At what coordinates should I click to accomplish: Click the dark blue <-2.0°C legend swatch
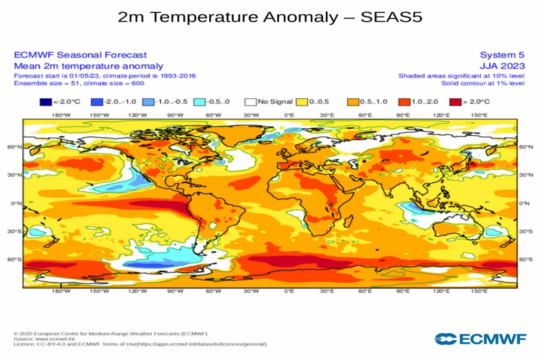[x=45, y=102]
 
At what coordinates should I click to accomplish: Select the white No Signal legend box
[x=251, y=102]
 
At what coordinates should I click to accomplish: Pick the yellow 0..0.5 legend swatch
[x=302, y=102]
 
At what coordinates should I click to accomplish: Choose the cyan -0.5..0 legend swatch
[x=200, y=102]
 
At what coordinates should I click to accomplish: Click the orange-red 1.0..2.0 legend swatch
[x=404, y=102]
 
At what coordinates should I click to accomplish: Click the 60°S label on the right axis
[x=525, y=260]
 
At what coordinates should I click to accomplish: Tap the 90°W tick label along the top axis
[x=175, y=115]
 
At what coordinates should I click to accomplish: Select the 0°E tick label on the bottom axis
[x=289, y=292]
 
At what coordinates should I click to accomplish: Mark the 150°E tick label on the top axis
[x=479, y=115]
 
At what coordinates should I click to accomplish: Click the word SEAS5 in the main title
[x=391, y=17]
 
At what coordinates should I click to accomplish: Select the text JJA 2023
[x=502, y=66]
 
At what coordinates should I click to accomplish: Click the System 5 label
[x=502, y=55]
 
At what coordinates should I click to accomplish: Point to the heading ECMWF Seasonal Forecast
[x=80, y=55]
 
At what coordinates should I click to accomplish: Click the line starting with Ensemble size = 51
[x=79, y=83]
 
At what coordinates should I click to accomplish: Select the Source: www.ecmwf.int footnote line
[x=44, y=338]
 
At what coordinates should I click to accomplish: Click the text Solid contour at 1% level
[x=483, y=83]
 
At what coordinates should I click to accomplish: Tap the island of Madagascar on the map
[x=348, y=221]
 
